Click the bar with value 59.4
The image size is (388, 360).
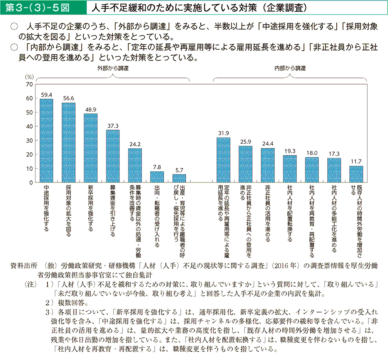point(46,140)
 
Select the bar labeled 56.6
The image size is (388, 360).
point(68,142)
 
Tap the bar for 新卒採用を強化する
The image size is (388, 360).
point(90,148)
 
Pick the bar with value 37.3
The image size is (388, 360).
point(112,156)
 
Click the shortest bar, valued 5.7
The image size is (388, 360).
point(179,178)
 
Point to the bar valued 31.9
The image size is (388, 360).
point(223,160)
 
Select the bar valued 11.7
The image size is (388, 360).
point(356,174)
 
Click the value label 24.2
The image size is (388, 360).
point(134,145)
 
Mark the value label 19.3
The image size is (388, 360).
point(290,151)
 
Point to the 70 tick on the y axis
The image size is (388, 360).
point(29,84)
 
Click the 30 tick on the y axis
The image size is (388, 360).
point(29,140)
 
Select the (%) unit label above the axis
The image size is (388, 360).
point(29,77)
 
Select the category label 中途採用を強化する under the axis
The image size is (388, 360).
point(46,208)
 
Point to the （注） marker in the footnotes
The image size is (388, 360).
point(31,284)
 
